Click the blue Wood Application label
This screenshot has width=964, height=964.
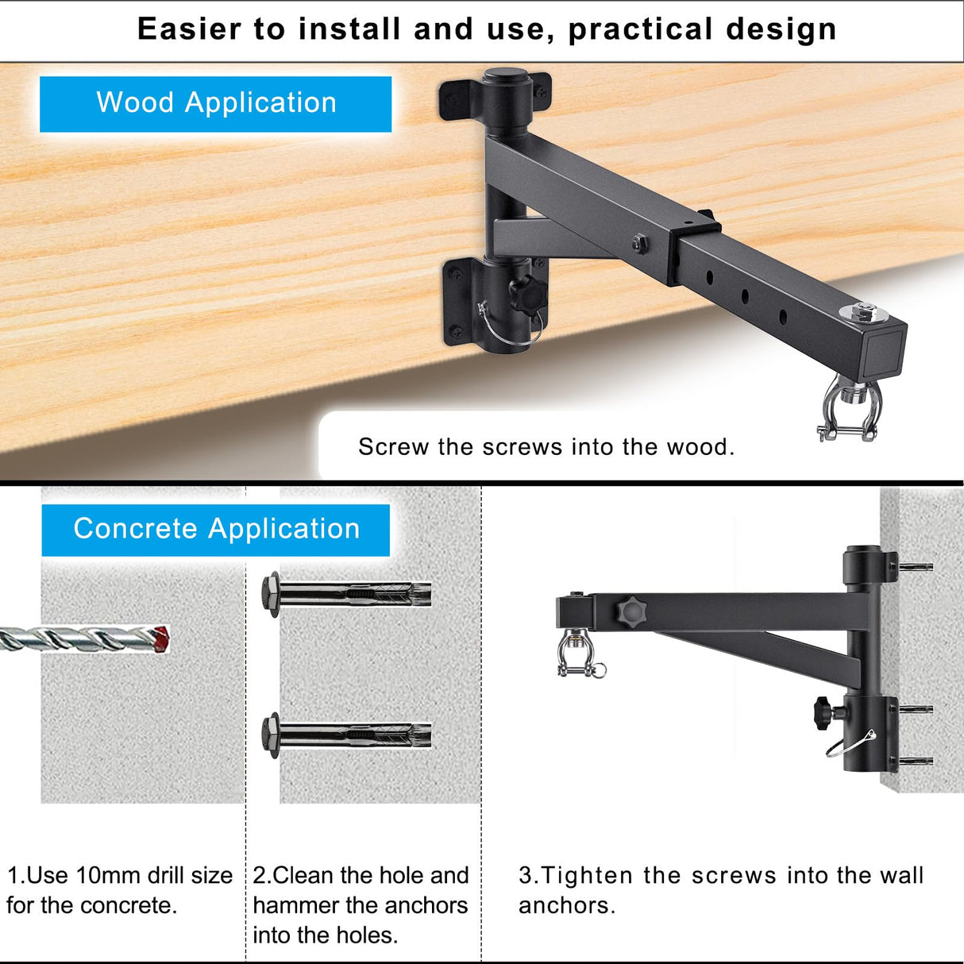click(x=216, y=104)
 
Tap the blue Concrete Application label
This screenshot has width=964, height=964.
click(x=216, y=530)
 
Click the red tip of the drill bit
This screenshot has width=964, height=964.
click(x=161, y=639)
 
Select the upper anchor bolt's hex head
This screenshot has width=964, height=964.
click(x=270, y=594)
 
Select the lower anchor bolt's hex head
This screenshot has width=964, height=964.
click(x=270, y=735)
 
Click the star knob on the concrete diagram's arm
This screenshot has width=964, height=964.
click(x=631, y=611)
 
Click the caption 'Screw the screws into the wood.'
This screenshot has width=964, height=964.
click(x=546, y=447)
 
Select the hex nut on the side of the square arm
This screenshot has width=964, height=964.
click(x=640, y=244)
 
